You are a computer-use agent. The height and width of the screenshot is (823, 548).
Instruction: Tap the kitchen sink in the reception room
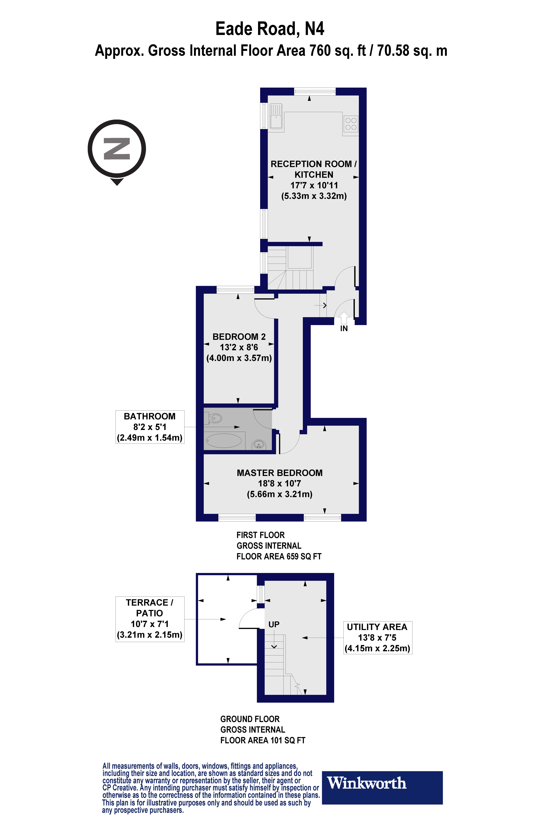click(x=276, y=116)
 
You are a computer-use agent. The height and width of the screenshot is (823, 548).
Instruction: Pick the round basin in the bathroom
click(x=259, y=444)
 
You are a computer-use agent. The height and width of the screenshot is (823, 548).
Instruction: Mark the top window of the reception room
click(x=315, y=92)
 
